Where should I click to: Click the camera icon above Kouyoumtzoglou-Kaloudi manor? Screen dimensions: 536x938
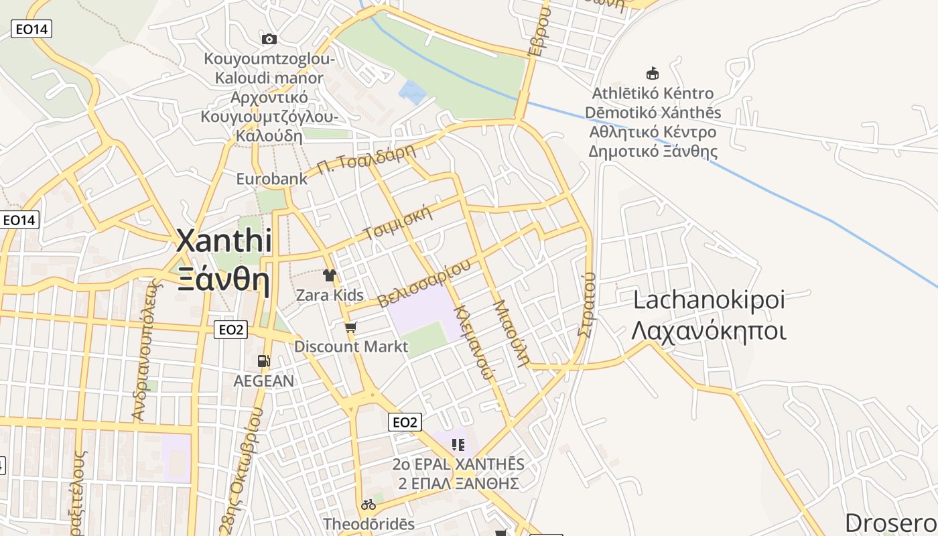pyautogui.click(x=269, y=40)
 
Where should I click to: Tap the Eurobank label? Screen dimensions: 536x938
pyautogui.click(x=271, y=179)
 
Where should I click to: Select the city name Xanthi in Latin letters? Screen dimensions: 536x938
pyautogui.click(x=224, y=241)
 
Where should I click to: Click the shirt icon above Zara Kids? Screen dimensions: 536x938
pyautogui.click(x=330, y=275)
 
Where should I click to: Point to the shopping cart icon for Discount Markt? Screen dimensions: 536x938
pyautogui.click(x=350, y=328)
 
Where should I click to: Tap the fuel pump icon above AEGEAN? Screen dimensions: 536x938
pyautogui.click(x=264, y=361)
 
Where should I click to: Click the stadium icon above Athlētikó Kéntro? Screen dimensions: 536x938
pyautogui.click(x=652, y=73)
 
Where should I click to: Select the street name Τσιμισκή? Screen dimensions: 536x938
pyautogui.click(x=397, y=224)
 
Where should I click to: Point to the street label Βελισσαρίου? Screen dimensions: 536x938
pyautogui.click(x=424, y=284)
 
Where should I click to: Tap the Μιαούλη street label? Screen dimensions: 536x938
pyautogui.click(x=512, y=332)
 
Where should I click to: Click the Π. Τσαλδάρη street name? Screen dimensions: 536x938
pyautogui.click(x=366, y=160)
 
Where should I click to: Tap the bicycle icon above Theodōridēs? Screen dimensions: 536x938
pyautogui.click(x=368, y=505)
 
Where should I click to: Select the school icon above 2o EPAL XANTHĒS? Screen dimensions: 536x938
pyautogui.click(x=458, y=444)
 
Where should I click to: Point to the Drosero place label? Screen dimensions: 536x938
pyautogui.click(x=891, y=523)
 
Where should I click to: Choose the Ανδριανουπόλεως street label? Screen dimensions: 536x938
pyautogui.click(x=147, y=350)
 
